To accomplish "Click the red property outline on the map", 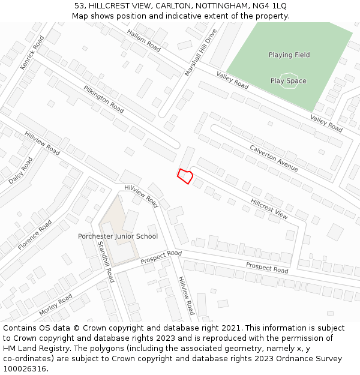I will tap(185, 176).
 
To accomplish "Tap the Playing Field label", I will tap(289, 55).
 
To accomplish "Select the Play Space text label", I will tap(288, 81).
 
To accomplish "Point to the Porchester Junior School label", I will tap(118, 236).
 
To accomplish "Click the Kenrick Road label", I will tap(32, 53).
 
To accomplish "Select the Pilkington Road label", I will tap(104, 100).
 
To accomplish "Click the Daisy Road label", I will tap(21, 170).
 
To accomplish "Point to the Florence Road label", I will tap(35, 235).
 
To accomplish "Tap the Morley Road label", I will tap(55, 305).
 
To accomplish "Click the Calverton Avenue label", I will tap(274, 158).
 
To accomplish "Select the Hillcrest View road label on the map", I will tap(269, 208).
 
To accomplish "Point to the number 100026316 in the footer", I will tap(24, 369).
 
